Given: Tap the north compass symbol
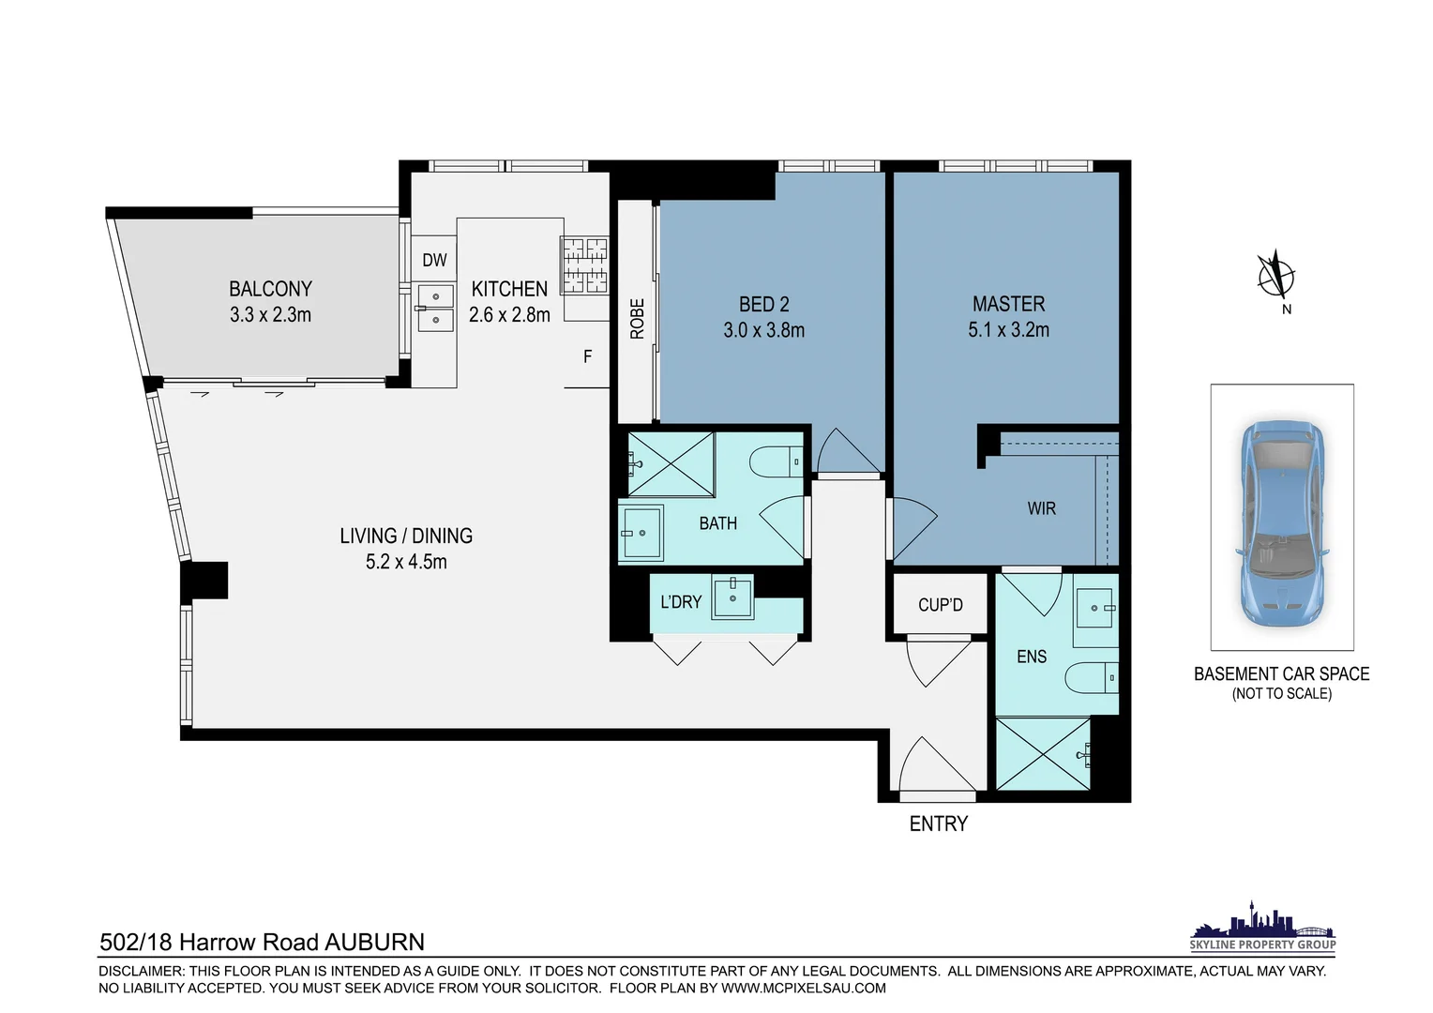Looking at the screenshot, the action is pyautogui.click(x=1276, y=276).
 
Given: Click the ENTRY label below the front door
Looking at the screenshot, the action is pyautogui.click(x=939, y=824).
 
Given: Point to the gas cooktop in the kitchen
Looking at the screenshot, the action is pyautogui.click(x=584, y=265).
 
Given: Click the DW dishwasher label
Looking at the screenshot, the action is pyautogui.click(x=434, y=260).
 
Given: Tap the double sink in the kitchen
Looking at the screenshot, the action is pyautogui.click(x=436, y=308).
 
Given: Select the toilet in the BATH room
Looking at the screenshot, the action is pyautogui.click(x=776, y=461).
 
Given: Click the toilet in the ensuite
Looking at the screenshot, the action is pyautogui.click(x=1092, y=678).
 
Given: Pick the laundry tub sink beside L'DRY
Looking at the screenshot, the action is pyautogui.click(x=732, y=597).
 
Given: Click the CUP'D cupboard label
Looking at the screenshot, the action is pyautogui.click(x=941, y=605).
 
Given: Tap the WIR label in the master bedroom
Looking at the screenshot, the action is pyautogui.click(x=1042, y=508).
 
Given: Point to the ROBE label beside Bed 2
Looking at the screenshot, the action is pyautogui.click(x=637, y=319).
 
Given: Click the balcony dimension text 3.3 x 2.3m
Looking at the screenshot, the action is pyautogui.click(x=271, y=315).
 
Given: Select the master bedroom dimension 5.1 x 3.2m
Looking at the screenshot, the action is pyautogui.click(x=1009, y=329).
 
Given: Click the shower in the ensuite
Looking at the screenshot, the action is pyautogui.click(x=1044, y=754).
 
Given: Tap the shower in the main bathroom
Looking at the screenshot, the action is pyautogui.click(x=671, y=464).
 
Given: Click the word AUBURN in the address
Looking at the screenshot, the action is pyautogui.click(x=375, y=942).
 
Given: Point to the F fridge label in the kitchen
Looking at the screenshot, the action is pyautogui.click(x=587, y=356).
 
